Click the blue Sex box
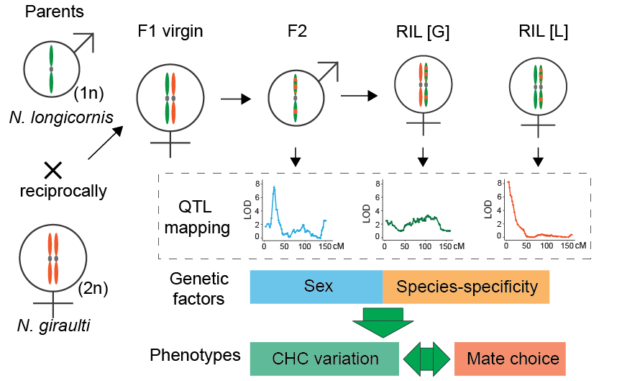pyautogui.click(x=316, y=287)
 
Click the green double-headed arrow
pyautogui.click(x=426, y=358)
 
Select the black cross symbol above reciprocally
pyautogui.click(x=52, y=170)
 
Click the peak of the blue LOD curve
pyautogui.click(x=274, y=187)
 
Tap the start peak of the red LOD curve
pyautogui.click(x=509, y=183)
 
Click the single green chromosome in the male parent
pyautogui.click(x=51, y=69)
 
